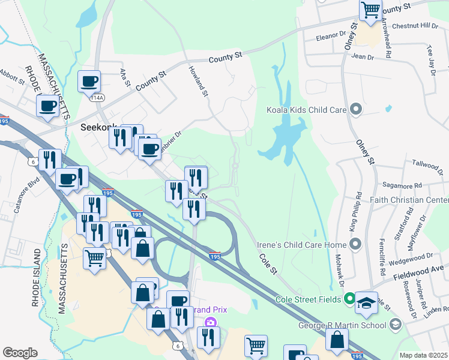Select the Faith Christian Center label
click(414, 200)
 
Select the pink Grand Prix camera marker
click(209, 323)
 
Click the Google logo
click(20, 353)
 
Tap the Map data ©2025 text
click(423, 355)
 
